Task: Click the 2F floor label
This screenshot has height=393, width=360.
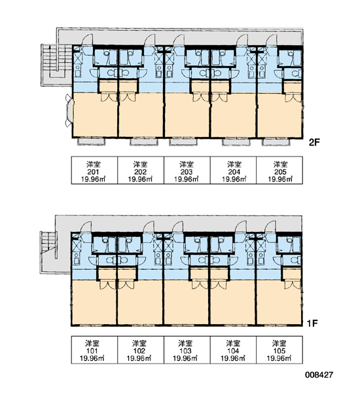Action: coord(314,143)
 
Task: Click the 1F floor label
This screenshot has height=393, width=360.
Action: coord(312,324)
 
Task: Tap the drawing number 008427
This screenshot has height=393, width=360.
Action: coord(319,375)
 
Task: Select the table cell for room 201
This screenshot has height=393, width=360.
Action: coord(94,170)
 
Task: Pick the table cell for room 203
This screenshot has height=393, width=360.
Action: coord(187,170)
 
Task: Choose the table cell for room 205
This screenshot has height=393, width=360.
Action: coord(279,170)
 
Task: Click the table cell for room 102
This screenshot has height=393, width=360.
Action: coord(141,350)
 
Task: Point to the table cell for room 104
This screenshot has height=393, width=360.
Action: coord(233,350)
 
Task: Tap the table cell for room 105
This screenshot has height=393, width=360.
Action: coord(279,350)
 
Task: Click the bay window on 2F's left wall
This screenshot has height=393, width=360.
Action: coord(69,111)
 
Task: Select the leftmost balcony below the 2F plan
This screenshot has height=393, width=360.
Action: coord(91,141)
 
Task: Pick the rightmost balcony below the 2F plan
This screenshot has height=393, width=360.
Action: coord(276,141)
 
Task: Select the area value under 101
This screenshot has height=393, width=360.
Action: coord(92,358)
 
